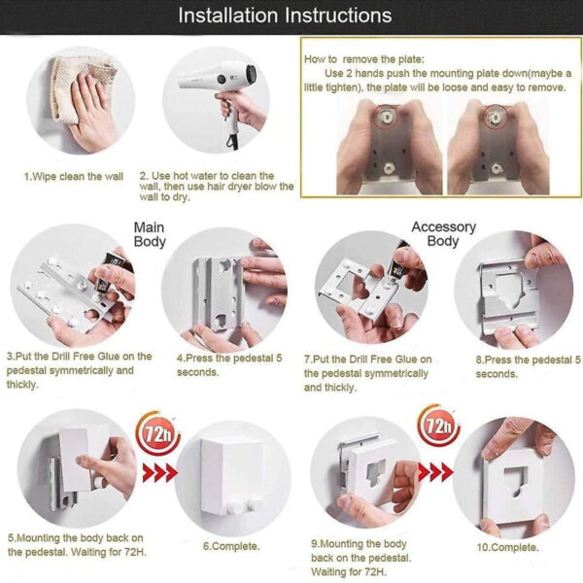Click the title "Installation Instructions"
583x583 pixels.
[x=286, y=16]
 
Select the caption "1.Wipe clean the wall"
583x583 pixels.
[x=74, y=177]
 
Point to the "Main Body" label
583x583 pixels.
[x=150, y=234]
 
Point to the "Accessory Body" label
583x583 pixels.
[x=443, y=234]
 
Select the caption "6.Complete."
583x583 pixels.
[x=231, y=546]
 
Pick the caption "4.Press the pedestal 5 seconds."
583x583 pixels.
[x=229, y=364]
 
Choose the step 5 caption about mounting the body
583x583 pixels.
[x=76, y=544]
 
